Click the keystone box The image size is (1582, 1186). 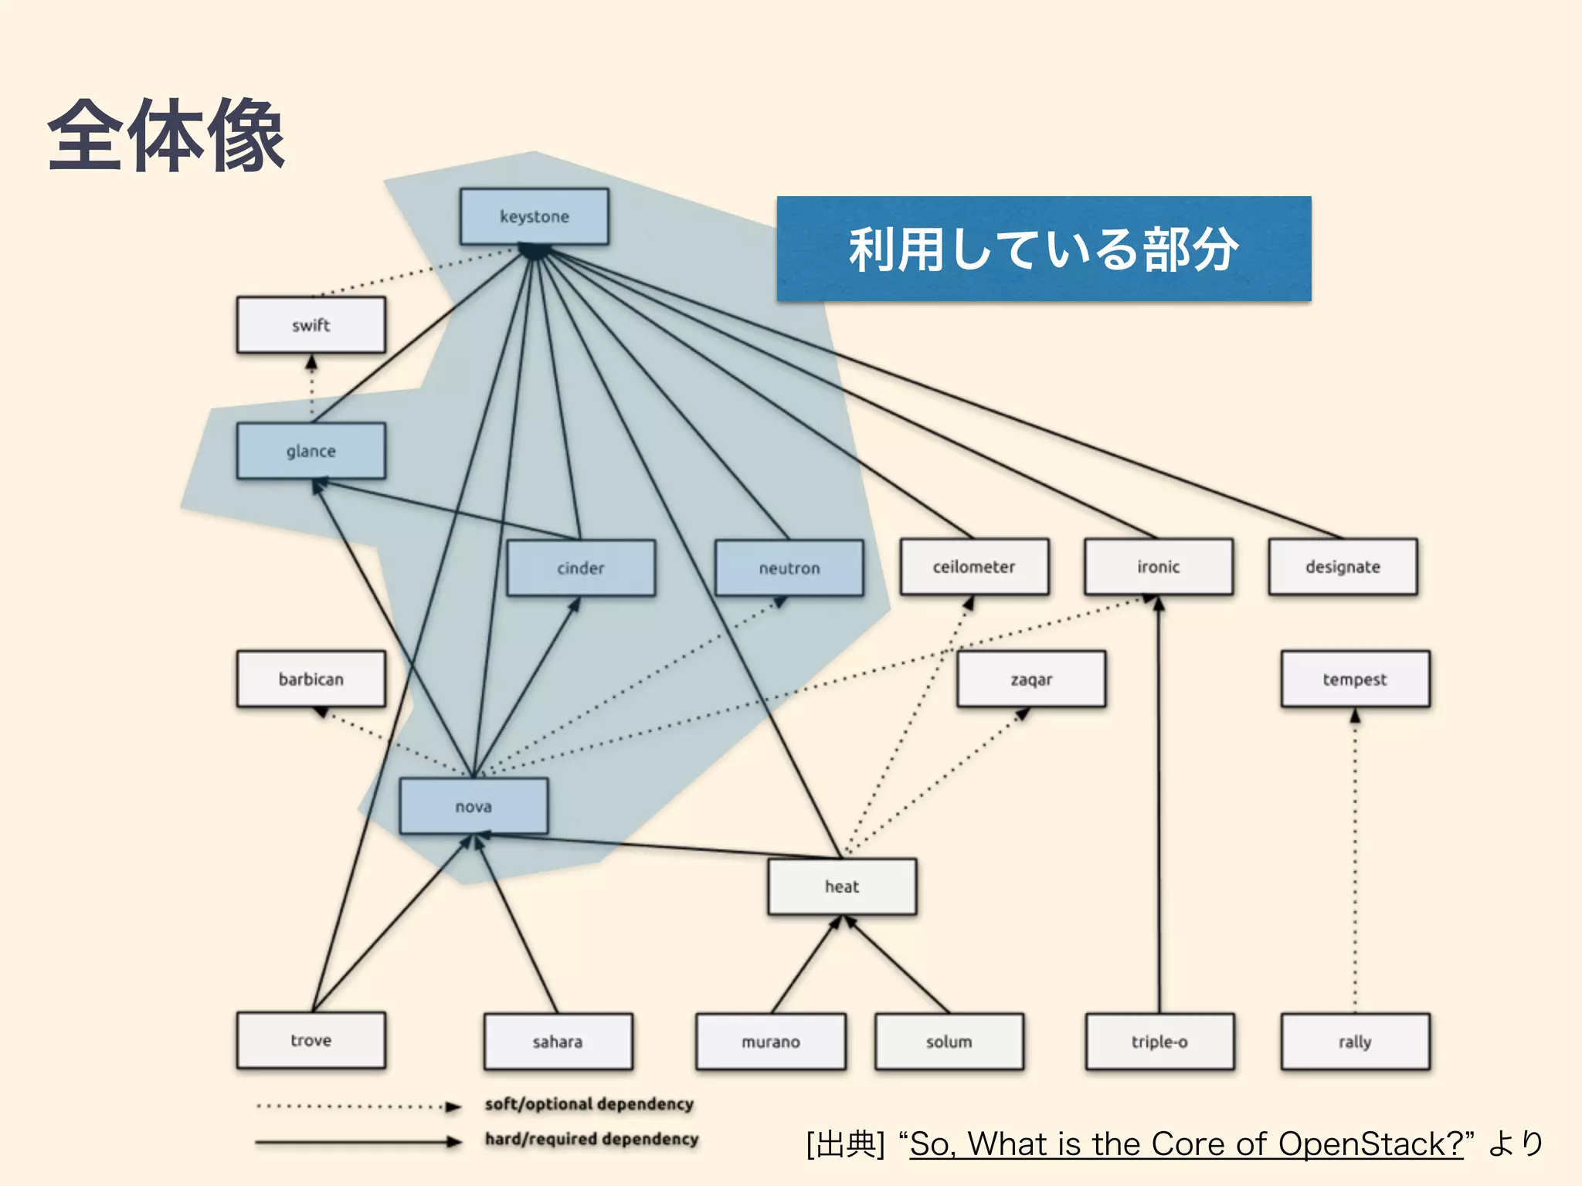tap(534, 216)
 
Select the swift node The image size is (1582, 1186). tap(311, 325)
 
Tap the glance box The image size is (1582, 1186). tap(311, 451)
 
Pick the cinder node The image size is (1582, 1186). tap(580, 568)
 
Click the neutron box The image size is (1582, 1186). tap(789, 568)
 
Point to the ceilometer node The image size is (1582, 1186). tap(973, 567)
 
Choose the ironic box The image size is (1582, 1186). tap(1158, 567)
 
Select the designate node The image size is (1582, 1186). tap(1343, 567)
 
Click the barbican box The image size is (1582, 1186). tap(311, 679)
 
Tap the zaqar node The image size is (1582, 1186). tap(1031, 679)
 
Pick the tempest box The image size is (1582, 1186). tap(1355, 679)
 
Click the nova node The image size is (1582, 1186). tap(474, 807)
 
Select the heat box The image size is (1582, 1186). tap(842, 886)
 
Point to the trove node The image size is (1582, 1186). tap(311, 1040)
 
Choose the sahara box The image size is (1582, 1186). tap(558, 1042)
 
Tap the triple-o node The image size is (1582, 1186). tap(1159, 1042)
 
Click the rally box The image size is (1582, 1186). tap(1355, 1042)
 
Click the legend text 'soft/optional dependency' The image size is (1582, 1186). tap(589, 1104)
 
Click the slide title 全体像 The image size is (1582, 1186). tap(166, 136)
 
